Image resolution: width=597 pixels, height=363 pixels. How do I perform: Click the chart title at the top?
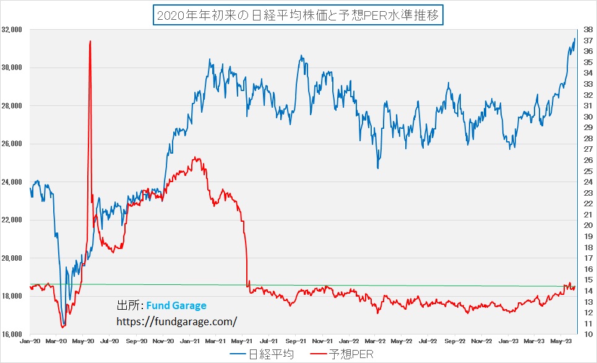click(298, 14)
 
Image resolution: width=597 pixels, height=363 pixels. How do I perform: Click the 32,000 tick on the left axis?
click(12, 29)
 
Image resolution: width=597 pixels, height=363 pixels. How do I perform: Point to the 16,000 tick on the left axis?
click(12, 335)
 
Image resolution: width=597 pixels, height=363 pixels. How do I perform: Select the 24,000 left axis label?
click(12, 182)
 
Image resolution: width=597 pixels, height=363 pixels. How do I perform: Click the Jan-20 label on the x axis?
click(30, 341)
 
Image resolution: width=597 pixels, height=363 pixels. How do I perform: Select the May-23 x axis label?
click(560, 341)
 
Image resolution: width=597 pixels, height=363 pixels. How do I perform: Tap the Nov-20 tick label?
click(163, 341)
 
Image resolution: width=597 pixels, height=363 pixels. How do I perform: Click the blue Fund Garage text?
click(176, 306)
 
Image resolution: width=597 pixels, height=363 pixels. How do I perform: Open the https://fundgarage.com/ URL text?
click(176, 321)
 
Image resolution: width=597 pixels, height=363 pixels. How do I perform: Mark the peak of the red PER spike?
click(90, 41)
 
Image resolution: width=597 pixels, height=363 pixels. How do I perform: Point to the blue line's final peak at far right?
click(575, 38)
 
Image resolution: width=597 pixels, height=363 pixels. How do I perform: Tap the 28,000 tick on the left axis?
click(12, 106)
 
